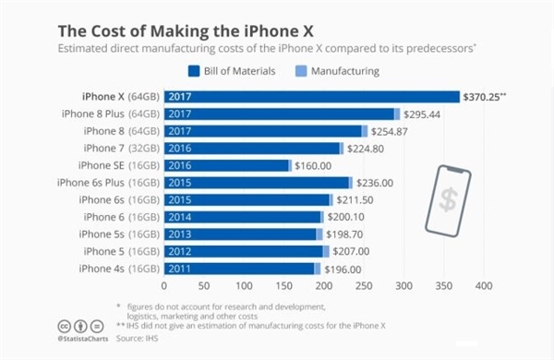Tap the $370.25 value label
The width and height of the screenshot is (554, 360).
pyautogui.click(x=488, y=97)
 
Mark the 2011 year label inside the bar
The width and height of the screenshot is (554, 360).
pyautogui.click(x=178, y=269)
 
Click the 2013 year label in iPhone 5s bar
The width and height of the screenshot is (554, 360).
pyautogui.click(x=178, y=234)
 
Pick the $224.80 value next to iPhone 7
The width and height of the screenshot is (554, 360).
pyautogui.click(x=369, y=148)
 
